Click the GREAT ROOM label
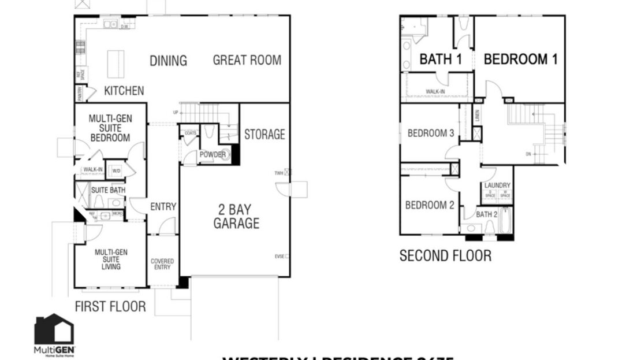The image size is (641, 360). tap(247, 60)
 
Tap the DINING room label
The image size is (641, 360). tap(168, 61)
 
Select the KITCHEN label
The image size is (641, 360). tap(124, 91)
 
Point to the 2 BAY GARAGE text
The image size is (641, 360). tap(236, 216)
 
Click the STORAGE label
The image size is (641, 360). tap(264, 135)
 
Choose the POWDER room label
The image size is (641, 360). tap(213, 154)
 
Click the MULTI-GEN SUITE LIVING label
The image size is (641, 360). tap(111, 259)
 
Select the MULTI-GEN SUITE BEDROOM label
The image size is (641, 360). tap(110, 128)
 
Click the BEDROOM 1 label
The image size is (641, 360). tap(520, 59)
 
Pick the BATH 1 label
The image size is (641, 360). tap(441, 59)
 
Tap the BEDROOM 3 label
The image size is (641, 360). tap(431, 133)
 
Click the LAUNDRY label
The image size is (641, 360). tap(498, 185)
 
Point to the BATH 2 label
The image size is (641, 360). tap(486, 214)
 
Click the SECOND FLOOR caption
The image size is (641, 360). tap(445, 255)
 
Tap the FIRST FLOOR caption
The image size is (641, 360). tap(110, 306)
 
